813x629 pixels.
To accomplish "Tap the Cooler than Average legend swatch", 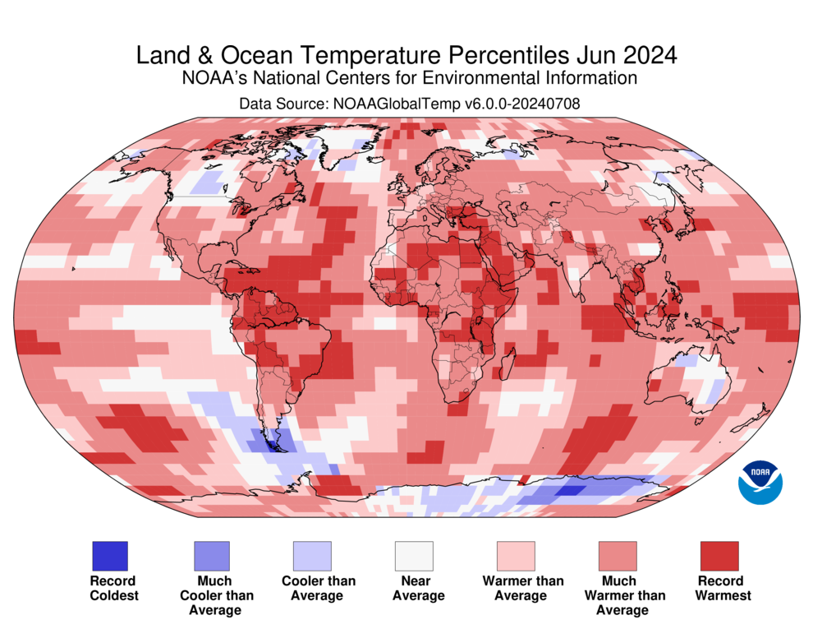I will [312, 556].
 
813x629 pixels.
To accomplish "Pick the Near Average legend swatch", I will [414, 556].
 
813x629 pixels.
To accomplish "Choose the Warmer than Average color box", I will [516, 556].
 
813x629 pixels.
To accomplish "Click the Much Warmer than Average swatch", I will [618, 556].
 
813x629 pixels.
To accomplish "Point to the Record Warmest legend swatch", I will [719, 556].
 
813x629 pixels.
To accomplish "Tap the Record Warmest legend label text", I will [723, 588].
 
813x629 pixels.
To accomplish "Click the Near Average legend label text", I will [418, 588].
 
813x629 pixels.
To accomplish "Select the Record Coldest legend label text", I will [114, 588].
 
